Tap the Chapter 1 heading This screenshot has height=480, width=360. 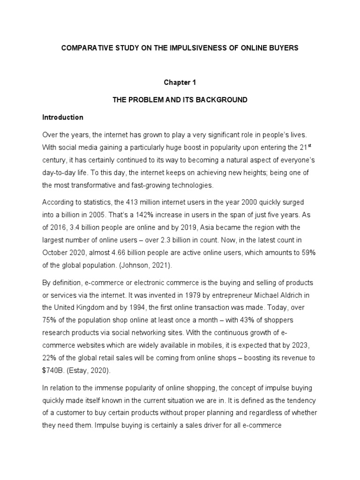(x=180, y=82)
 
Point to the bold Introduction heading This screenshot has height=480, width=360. (x=63, y=117)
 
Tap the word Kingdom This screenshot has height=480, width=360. (x=95, y=308)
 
